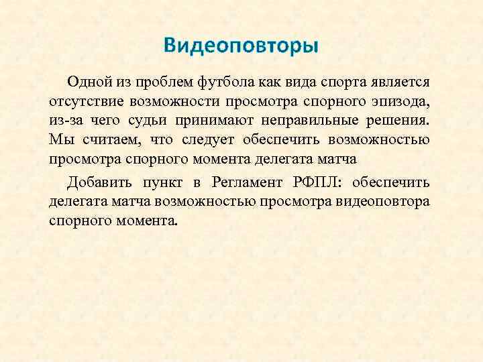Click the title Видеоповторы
(241, 46)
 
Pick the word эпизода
(405, 101)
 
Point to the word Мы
(59, 140)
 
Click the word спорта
(339, 82)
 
